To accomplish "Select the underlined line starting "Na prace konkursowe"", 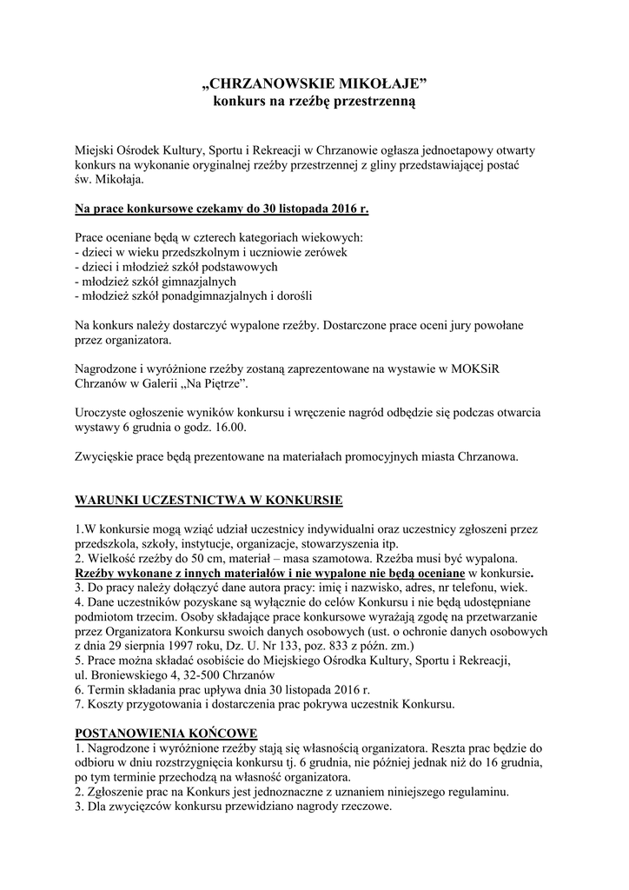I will click(222, 209).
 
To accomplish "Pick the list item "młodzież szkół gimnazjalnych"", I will click(156, 282).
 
